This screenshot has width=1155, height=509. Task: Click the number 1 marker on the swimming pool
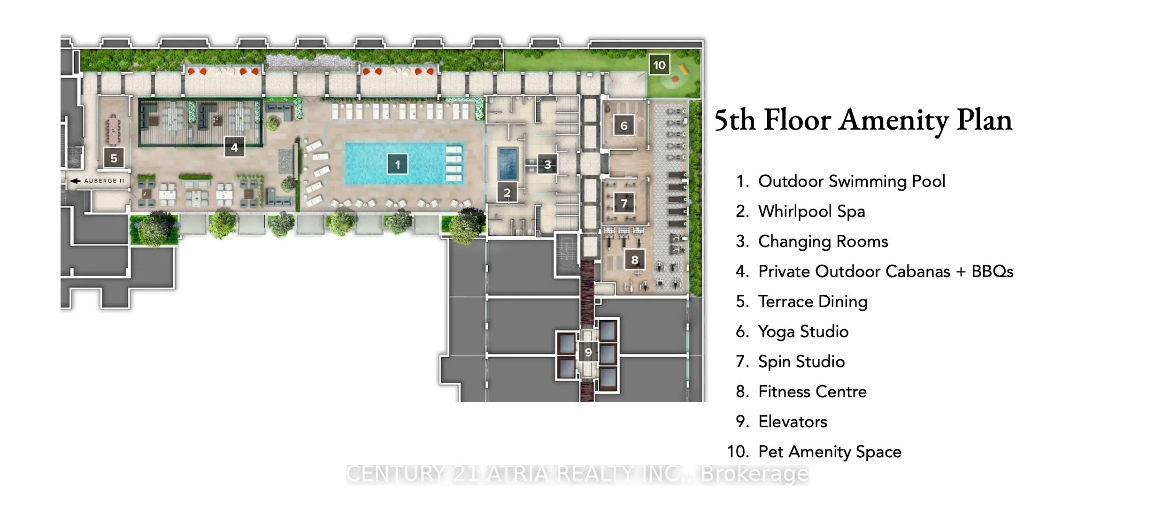tap(397, 164)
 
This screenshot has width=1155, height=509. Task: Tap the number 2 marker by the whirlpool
tap(507, 193)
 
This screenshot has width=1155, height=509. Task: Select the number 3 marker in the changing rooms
tap(547, 165)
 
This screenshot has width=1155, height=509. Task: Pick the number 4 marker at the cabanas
tap(234, 147)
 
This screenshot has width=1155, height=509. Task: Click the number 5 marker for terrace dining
tap(114, 158)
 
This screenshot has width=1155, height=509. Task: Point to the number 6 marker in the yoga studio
tap(624, 126)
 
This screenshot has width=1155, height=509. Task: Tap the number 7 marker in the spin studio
tap(624, 203)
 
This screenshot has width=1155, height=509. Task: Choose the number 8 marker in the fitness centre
tap(635, 260)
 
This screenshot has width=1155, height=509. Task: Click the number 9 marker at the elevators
tap(588, 352)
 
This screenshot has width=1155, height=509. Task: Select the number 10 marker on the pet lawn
tap(659, 65)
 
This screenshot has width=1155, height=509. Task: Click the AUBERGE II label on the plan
tap(104, 181)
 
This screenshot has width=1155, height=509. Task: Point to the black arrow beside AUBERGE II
tap(75, 181)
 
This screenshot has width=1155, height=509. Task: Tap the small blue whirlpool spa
tap(508, 163)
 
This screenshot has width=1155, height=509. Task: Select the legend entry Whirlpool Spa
tap(811, 211)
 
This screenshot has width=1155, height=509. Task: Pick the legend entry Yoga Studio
tap(803, 332)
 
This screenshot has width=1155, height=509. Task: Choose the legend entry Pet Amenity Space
tap(829, 452)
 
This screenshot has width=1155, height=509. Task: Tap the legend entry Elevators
tap(793, 422)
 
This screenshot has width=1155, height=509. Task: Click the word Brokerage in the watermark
tap(755, 474)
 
